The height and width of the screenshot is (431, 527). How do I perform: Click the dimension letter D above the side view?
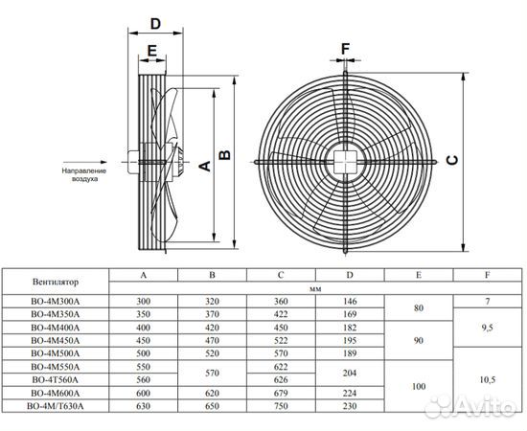[155, 24]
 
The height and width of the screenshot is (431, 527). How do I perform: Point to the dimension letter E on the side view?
[152, 51]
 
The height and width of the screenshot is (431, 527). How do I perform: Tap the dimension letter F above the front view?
[346, 49]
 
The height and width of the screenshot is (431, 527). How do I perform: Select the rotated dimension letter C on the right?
[452, 160]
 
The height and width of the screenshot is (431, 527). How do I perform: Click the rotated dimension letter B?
[224, 155]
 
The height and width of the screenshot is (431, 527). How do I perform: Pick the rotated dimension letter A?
[205, 166]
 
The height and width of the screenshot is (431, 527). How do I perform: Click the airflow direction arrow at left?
[85, 162]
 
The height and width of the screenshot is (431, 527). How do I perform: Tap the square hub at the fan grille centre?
[345, 162]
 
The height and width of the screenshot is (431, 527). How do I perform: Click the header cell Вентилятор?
[56, 282]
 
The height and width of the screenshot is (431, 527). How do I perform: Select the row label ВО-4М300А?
[56, 302]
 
